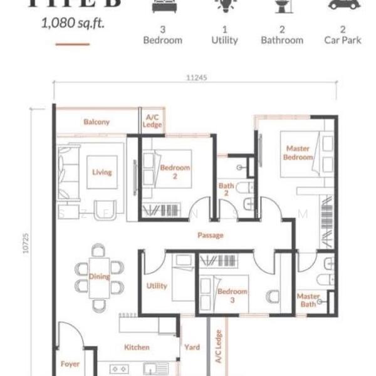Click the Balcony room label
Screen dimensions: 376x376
[x=97, y=122]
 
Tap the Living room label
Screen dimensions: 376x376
[x=102, y=172]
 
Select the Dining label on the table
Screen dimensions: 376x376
[x=99, y=277]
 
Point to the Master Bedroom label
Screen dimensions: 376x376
[x=298, y=153]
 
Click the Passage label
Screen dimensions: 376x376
[x=210, y=236]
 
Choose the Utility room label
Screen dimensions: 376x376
[x=157, y=286]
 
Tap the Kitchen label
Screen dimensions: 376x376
[x=137, y=347]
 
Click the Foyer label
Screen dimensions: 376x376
[x=70, y=363]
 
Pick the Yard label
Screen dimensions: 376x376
[x=192, y=347]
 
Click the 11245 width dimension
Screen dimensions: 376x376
[x=196, y=78]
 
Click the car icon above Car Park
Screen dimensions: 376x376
[x=343, y=5]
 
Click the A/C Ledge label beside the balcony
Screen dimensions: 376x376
[x=153, y=120]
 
